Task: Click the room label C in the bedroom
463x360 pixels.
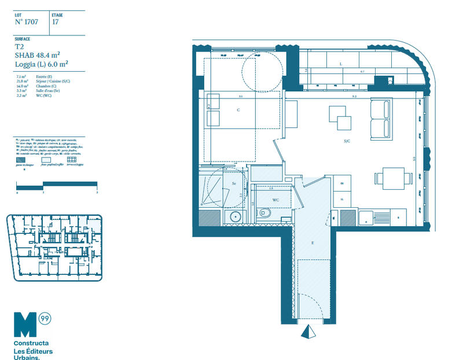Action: [238, 109]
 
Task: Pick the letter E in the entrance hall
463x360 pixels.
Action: [313, 243]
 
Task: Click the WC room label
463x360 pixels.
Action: [275, 200]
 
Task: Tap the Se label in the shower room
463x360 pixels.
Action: [234, 183]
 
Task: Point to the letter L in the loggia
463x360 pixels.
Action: [341, 64]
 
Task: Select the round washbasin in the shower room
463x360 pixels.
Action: [234, 217]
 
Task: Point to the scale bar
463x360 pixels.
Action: [57, 185]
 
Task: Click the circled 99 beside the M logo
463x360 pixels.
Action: [45, 318]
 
